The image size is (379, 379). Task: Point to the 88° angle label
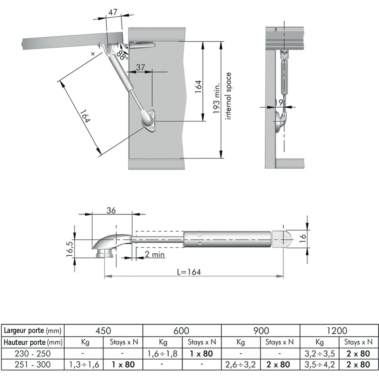123,55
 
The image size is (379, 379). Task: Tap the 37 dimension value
140,67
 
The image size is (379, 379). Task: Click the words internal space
228,96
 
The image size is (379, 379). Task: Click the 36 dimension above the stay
111,210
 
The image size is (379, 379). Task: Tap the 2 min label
154,254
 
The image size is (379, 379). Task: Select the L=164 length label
189,272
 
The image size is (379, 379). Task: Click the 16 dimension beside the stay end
303,238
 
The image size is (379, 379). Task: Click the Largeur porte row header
33,330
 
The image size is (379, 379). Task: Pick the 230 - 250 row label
33,353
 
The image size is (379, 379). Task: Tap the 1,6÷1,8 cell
162,353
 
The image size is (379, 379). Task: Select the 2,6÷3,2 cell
241,365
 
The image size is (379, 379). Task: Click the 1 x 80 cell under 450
123,365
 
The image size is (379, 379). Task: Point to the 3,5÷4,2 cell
319,365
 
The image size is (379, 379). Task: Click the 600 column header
181,330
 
